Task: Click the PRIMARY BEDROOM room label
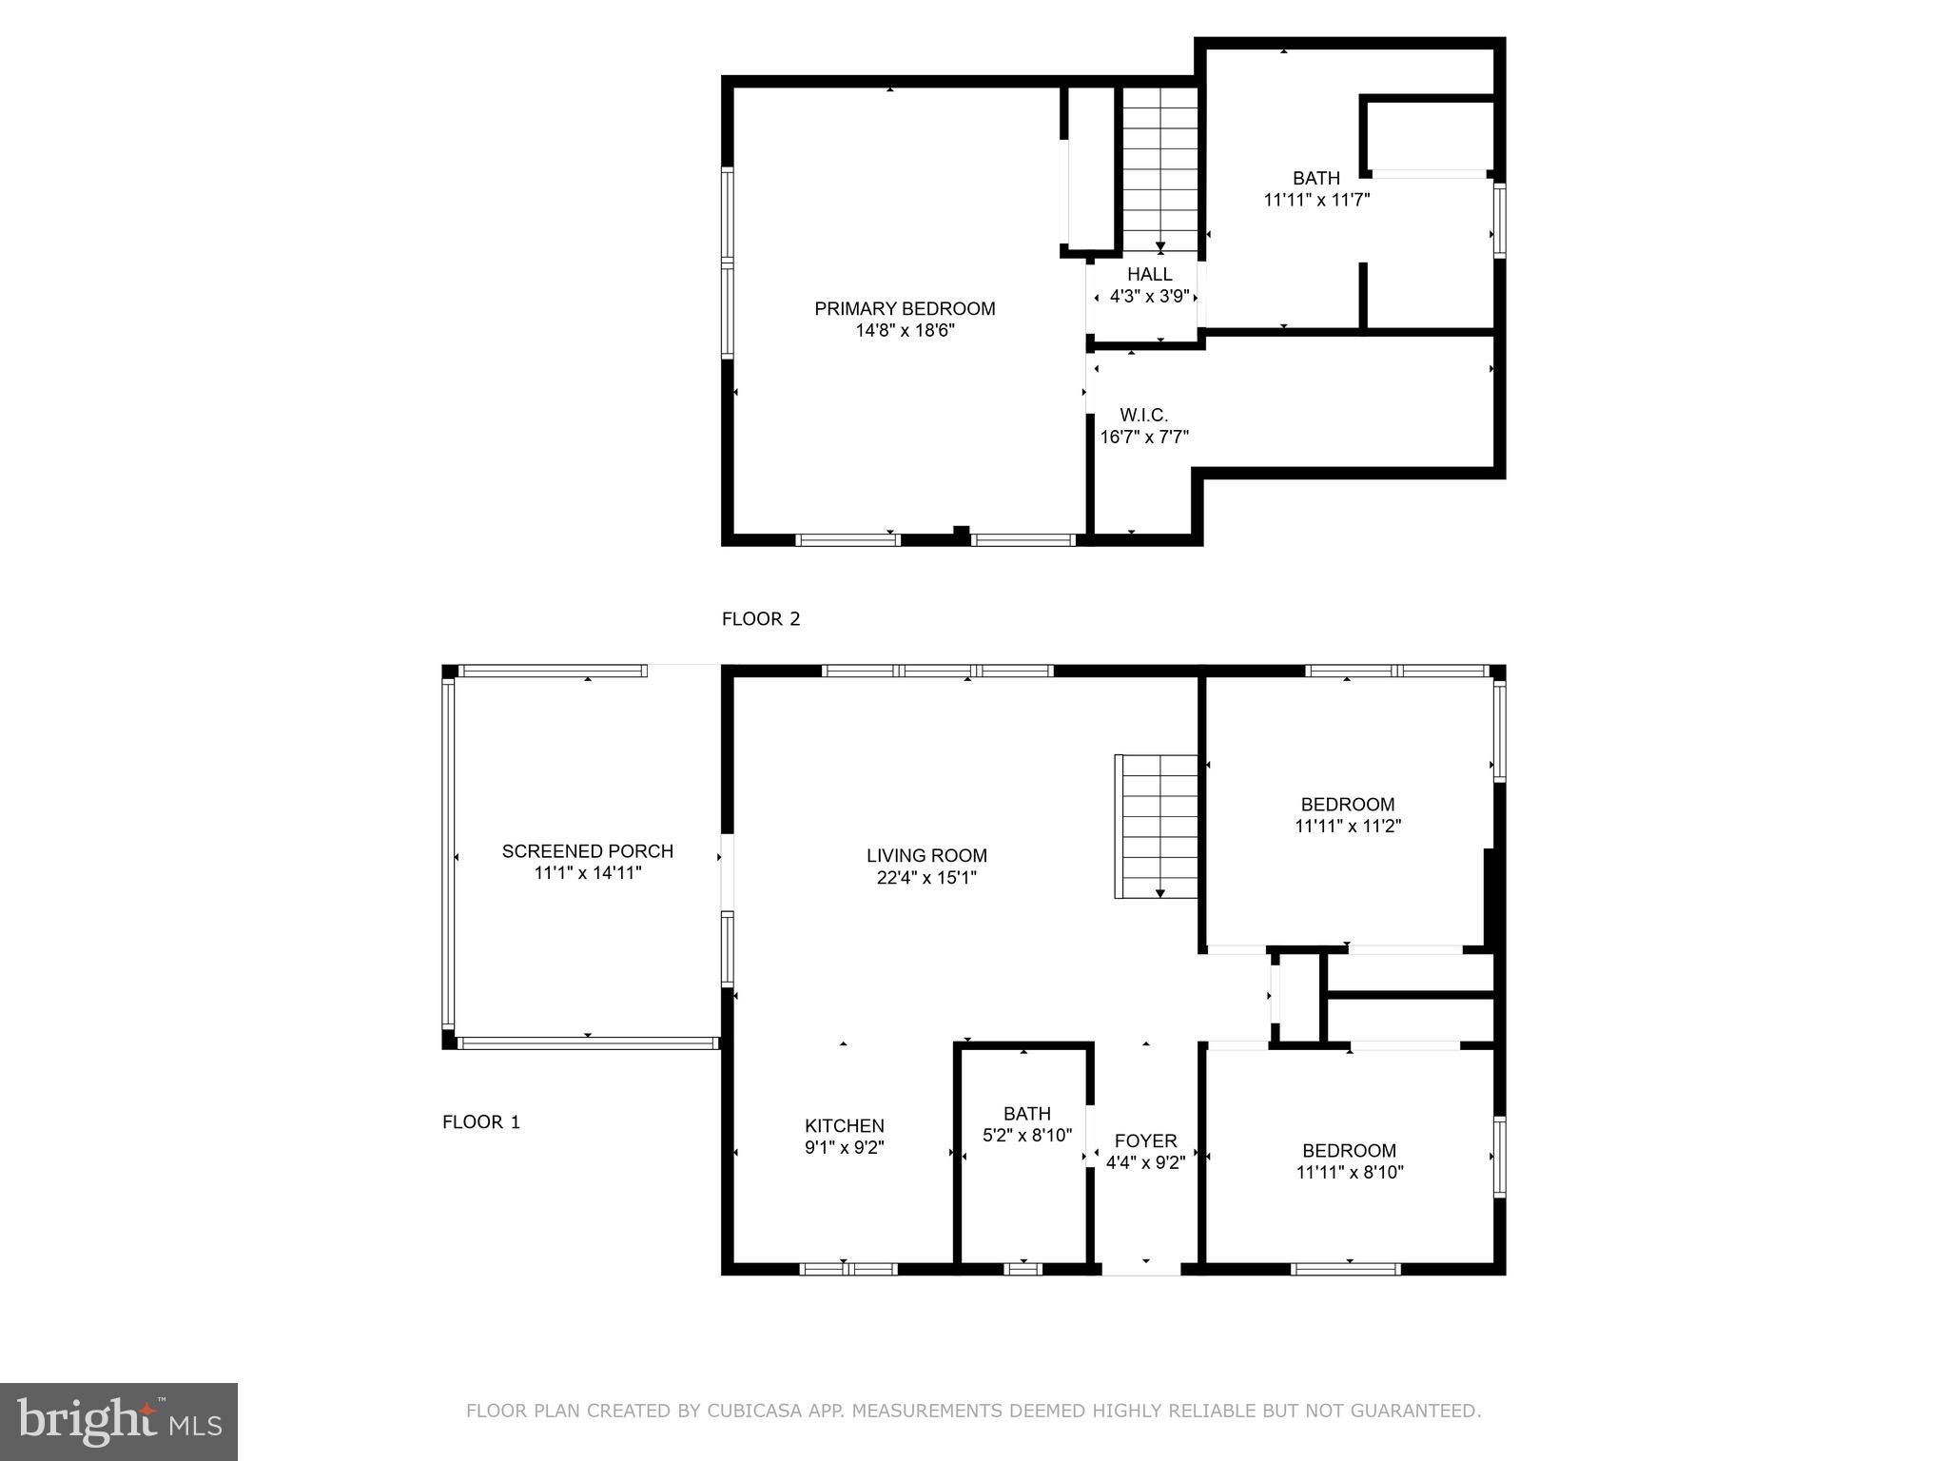click(x=905, y=309)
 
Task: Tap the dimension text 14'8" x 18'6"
click(x=905, y=331)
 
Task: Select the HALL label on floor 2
click(x=1150, y=275)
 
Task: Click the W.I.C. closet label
click(x=1143, y=416)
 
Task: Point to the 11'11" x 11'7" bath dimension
click(x=1316, y=201)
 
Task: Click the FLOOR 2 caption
click(x=761, y=619)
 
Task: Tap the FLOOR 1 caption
click(x=481, y=1122)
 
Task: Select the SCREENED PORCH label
click(x=588, y=851)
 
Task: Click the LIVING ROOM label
click(x=926, y=856)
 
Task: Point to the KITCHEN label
click(x=845, y=1126)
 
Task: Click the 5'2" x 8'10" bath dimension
click(x=1027, y=1136)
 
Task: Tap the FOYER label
click(x=1146, y=1140)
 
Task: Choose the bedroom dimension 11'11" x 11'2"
click(x=1348, y=827)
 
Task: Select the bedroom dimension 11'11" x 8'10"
click(x=1350, y=1173)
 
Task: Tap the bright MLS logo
click(x=119, y=1422)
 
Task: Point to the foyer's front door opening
click(x=1141, y=1269)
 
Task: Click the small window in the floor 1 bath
click(x=1023, y=1269)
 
